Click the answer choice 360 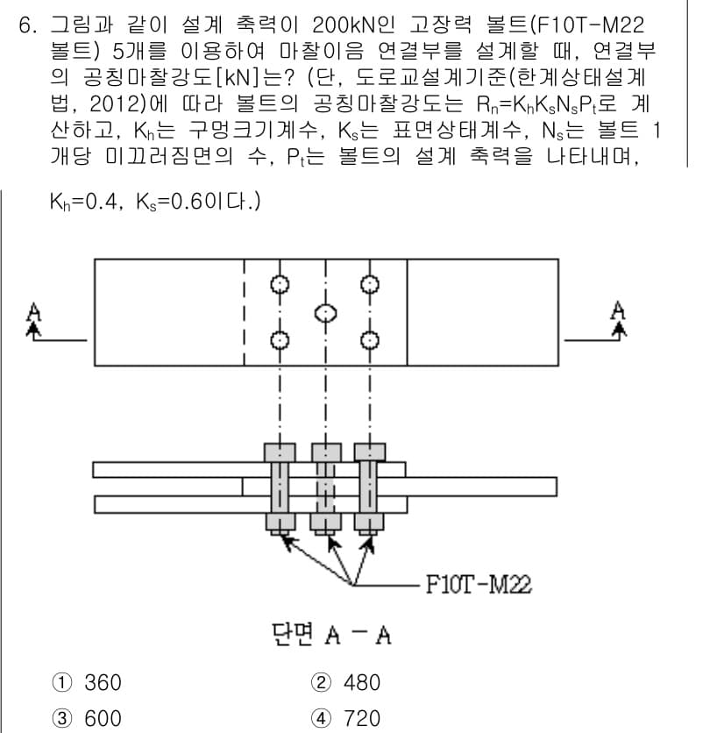[103, 682]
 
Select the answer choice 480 [362, 682]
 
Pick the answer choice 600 [103, 718]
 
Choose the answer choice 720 [362, 718]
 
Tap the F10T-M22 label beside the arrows [479, 584]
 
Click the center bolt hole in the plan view [325, 313]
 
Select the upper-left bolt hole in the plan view [280, 284]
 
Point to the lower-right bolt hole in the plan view [370, 340]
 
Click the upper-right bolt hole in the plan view [370, 284]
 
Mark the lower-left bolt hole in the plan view [280, 340]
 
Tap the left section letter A [33, 312]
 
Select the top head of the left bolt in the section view [280, 452]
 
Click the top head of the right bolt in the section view [370, 452]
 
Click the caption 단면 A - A [331, 635]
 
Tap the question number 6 [27, 25]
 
